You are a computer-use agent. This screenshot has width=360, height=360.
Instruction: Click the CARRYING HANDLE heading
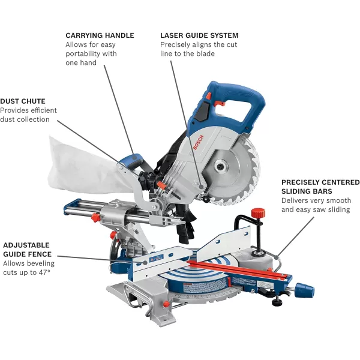[x=100, y=35]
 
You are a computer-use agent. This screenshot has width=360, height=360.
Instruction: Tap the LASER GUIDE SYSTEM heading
[x=199, y=35]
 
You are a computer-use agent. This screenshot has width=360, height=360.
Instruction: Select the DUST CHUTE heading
[x=23, y=101]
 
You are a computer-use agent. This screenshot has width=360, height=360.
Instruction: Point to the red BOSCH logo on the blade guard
[x=198, y=142]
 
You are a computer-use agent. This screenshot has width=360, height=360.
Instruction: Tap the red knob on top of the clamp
[x=258, y=213]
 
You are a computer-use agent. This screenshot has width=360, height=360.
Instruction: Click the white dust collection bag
[x=85, y=166]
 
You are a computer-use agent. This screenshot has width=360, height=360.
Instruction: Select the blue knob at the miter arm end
[x=304, y=290]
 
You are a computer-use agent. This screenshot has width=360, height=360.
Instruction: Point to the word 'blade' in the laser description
[x=203, y=54]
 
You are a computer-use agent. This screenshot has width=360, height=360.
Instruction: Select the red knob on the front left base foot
[x=166, y=305]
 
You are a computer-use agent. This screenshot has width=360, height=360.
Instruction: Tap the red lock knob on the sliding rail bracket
[x=95, y=217]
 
